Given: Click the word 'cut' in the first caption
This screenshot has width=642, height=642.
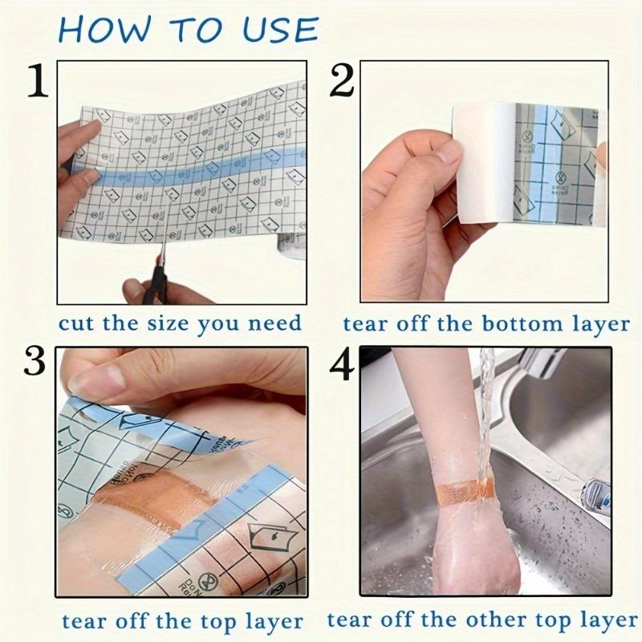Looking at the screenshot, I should pos(77,323).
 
